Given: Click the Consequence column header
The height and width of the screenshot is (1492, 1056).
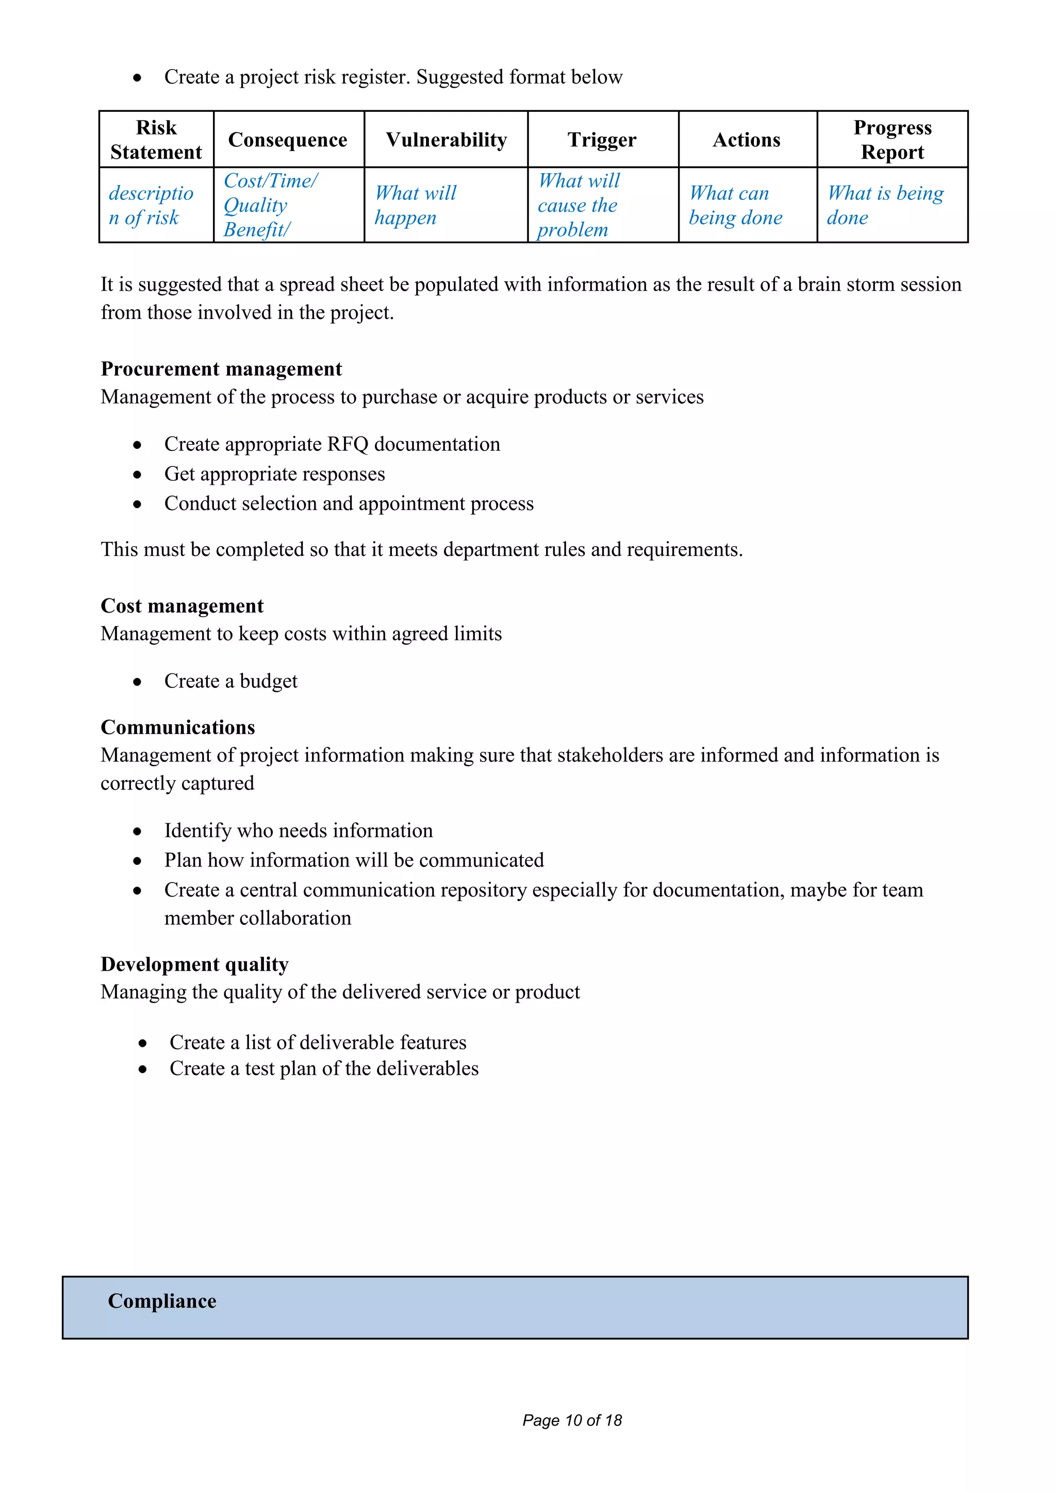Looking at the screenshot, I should (287, 140).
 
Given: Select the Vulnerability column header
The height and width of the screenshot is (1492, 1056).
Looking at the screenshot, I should (446, 140).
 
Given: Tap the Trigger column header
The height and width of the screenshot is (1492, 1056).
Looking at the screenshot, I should (602, 140).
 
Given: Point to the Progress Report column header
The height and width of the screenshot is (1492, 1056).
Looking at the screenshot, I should (892, 140).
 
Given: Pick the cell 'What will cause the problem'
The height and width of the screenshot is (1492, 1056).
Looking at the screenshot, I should (579, 206).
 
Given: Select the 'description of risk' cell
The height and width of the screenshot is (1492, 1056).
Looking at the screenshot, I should (151, 206).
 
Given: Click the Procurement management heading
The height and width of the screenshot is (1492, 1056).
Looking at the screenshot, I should (221, 369).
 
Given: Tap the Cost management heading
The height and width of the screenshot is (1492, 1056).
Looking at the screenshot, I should (182, 606).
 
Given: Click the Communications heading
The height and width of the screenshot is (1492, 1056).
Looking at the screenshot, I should (177, 727).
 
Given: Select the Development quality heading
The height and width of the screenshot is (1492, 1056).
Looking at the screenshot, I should (194, 964).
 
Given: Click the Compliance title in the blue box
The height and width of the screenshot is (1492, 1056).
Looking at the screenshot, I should (162, 1301).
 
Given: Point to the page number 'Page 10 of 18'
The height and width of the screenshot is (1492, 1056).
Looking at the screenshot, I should (572, 1420).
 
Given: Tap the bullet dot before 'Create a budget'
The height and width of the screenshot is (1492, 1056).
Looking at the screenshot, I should (137, 682).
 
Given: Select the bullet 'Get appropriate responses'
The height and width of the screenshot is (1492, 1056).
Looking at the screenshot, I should (274, 474).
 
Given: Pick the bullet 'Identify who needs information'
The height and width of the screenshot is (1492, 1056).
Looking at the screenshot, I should (299, 830).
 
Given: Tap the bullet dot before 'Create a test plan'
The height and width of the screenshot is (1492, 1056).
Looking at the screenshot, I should (142, 1069).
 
